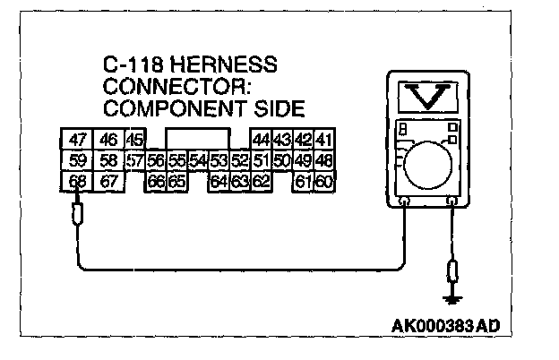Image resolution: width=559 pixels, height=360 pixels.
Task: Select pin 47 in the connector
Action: point(78,140)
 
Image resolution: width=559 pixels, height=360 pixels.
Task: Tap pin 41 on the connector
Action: point(323,140)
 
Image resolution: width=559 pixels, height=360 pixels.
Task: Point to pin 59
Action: point(78,161)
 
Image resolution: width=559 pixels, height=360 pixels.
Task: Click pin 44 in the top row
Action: point(261,140)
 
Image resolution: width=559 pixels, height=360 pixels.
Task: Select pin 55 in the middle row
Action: point(176,161)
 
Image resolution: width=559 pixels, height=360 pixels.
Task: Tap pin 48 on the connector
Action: point(323,161)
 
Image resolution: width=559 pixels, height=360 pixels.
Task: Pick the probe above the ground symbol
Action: point(454,270)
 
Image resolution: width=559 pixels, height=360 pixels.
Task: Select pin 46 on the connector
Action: point(108,140)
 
